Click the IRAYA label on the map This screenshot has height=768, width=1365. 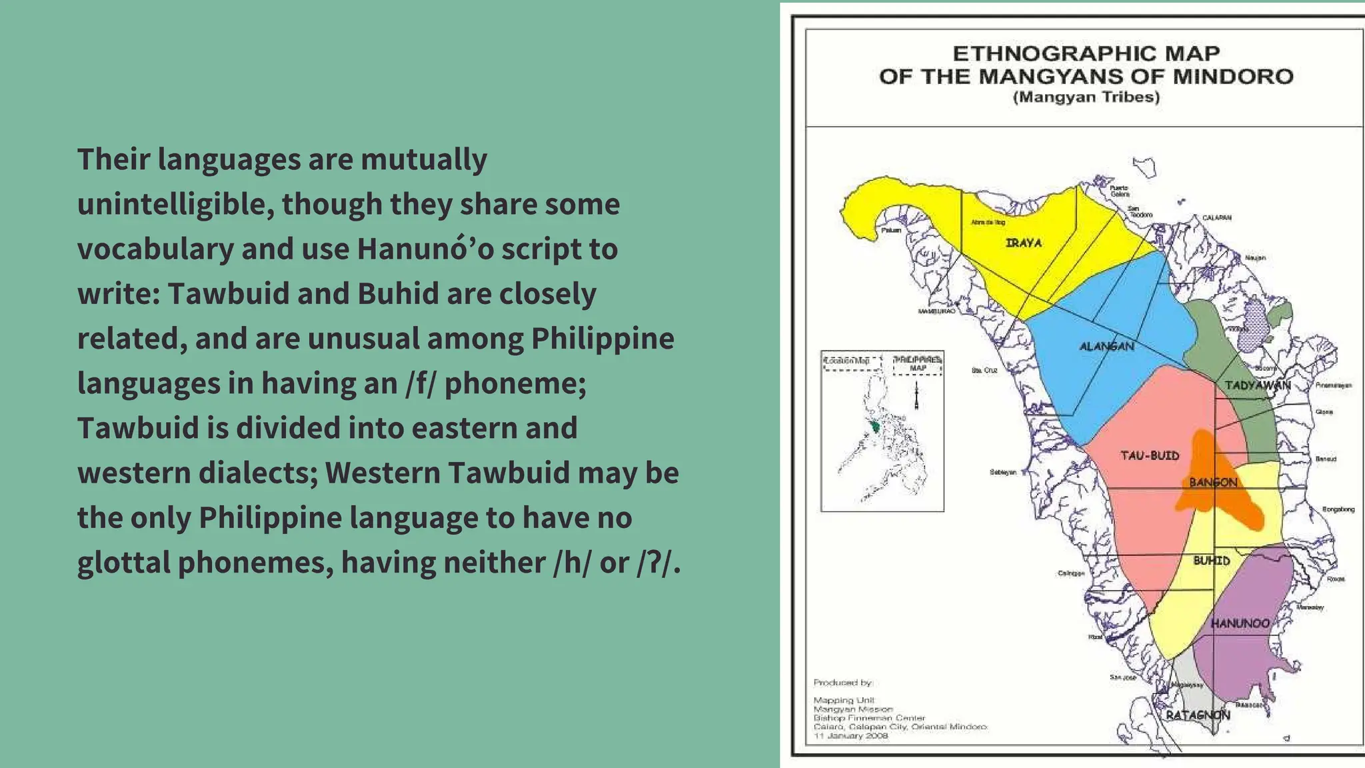tap(1024, 243)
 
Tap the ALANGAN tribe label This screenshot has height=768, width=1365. tap(1106, 347)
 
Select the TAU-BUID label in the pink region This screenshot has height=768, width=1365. tap(1150, 456)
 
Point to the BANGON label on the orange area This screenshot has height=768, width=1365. tap(1213, 482)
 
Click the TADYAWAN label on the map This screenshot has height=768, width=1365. tap(1258, 385)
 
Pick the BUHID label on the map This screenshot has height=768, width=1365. tap(1211, 561)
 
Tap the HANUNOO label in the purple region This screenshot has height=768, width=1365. tap(1240, 623)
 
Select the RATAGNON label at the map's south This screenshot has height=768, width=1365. tap(1198, 715)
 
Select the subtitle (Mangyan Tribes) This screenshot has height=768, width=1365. tap(1086, 97)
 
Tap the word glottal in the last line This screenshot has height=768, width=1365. tap(123, 563)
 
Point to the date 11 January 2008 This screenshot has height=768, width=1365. tap(850, 736)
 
